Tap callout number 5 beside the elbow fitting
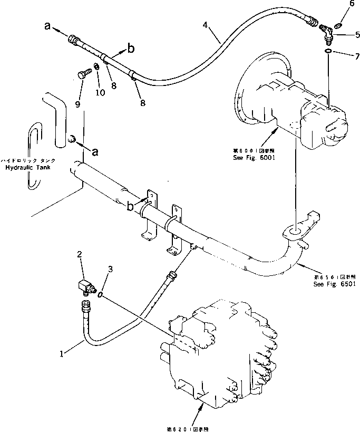[343, 35]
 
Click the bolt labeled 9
[81, 75]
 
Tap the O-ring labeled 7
[328, 51]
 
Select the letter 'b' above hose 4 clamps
[131, 49]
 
